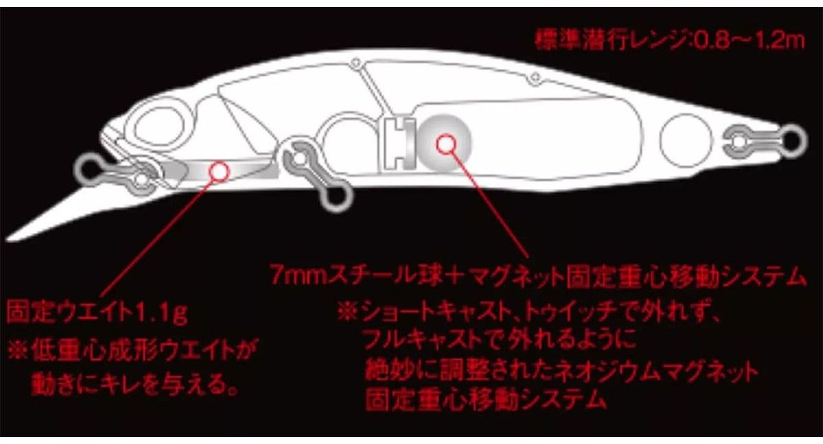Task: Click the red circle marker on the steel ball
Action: click(x=446, y=145)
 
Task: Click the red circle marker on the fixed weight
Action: click(x=219, y=172)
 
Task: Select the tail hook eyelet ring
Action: click(x=794, y=141)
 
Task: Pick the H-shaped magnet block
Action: click(x=399, y=143)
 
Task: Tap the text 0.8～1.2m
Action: click(x=747, y=40)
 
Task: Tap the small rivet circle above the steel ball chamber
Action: click(x=536, y=77)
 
